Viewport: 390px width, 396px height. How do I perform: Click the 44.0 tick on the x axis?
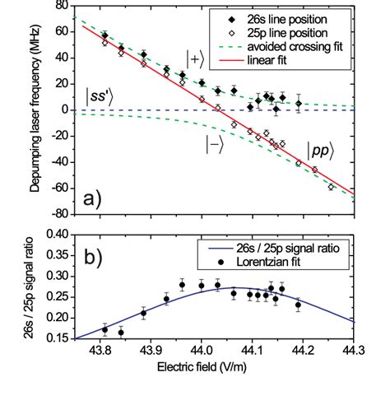click(202, 351)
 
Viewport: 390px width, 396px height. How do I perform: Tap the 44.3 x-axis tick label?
click(353, 351)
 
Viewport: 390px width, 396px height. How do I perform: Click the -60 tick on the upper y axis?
click(59, 188)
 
